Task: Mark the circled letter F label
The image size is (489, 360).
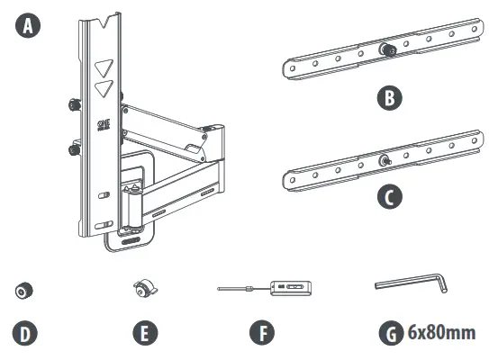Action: coord(261,334)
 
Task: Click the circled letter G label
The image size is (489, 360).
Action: coord(389,334)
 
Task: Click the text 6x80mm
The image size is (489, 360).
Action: coord(441,334)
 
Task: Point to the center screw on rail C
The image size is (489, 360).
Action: coord(385,161)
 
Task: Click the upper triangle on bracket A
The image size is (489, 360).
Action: coord(105,68)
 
